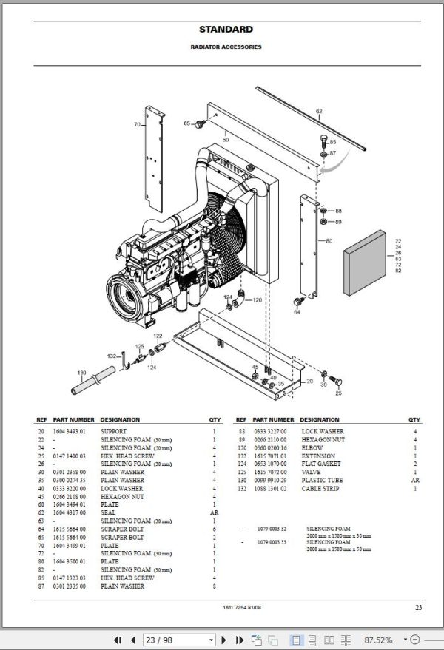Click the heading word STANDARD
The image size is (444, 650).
tap(226, 30)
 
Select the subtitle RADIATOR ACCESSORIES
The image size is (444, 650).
tap(226, 47)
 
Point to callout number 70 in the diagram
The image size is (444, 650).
tap(137, 125)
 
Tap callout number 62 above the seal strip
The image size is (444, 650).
tap(319, 112)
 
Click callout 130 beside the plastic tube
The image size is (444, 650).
tap(81, 372)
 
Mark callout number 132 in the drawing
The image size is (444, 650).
tap(112, 356)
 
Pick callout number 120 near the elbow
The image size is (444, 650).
tap(257, 300)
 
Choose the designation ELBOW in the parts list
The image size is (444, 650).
tap(312, 448)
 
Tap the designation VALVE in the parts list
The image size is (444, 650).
tap(312, 473)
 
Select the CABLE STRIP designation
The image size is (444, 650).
tap(320, 489)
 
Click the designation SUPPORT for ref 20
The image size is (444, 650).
tap(113, 431)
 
